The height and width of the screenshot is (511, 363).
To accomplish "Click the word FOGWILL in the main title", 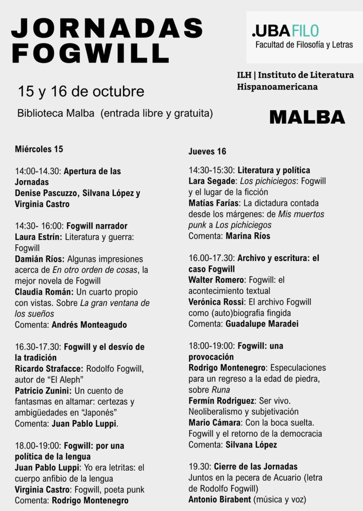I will click(x=91, y=53).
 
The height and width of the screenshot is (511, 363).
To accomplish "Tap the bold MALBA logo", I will click(x=307, y=117).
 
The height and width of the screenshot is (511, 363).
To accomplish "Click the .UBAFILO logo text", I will click(x=285, y=31).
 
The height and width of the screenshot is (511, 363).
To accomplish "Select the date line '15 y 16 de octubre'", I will click(x=81, y=91).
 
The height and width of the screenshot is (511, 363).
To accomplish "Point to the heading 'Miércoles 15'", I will click(x=39, y=149).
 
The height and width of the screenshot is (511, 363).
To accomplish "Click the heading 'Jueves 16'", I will click(x=207, y=151).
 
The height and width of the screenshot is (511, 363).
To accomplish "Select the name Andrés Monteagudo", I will click(x=89, y=325).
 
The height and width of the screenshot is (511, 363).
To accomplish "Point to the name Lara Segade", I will click(x=212, y=181).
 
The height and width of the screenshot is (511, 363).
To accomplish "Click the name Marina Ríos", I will click(x=248, y=236).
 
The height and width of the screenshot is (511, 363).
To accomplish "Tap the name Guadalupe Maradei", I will click(x=262, y=324).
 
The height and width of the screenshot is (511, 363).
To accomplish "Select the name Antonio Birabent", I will click(x=220, y=499).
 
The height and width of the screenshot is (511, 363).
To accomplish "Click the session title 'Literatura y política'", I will click(x=274, y=170).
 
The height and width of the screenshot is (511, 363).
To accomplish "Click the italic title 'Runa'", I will click(x=221, y=390).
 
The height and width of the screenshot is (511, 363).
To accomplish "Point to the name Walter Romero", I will click(x=216, y=280).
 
